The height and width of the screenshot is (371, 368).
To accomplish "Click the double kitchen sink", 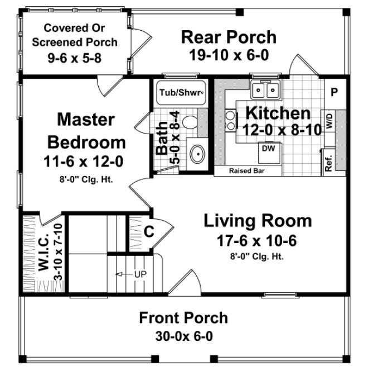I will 265,90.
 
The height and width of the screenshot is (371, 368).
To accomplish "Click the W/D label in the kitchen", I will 330,121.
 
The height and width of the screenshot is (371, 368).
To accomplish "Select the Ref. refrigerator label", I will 328,162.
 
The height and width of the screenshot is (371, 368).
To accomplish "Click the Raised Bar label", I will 247,171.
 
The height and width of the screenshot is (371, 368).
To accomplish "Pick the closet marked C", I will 149,231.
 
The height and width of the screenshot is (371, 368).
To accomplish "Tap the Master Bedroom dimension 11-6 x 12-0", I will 85,161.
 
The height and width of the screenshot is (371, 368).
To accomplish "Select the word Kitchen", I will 278,113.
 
